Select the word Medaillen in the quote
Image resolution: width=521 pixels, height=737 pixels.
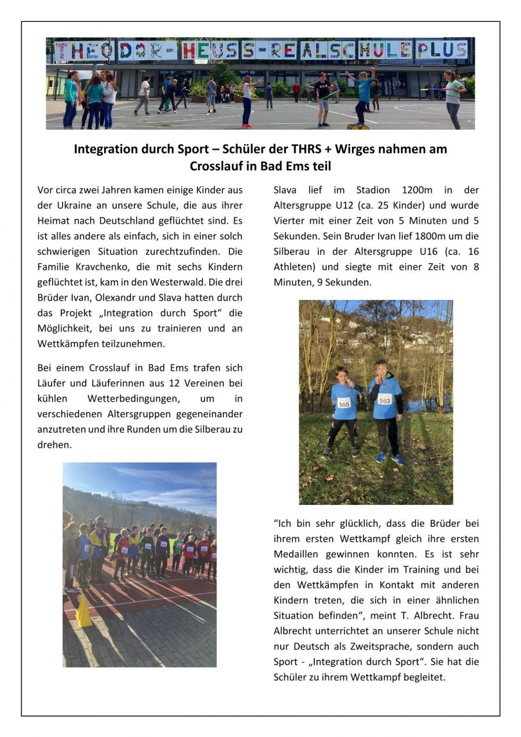(300, 554)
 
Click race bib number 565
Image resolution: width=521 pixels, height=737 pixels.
(344, 403)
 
